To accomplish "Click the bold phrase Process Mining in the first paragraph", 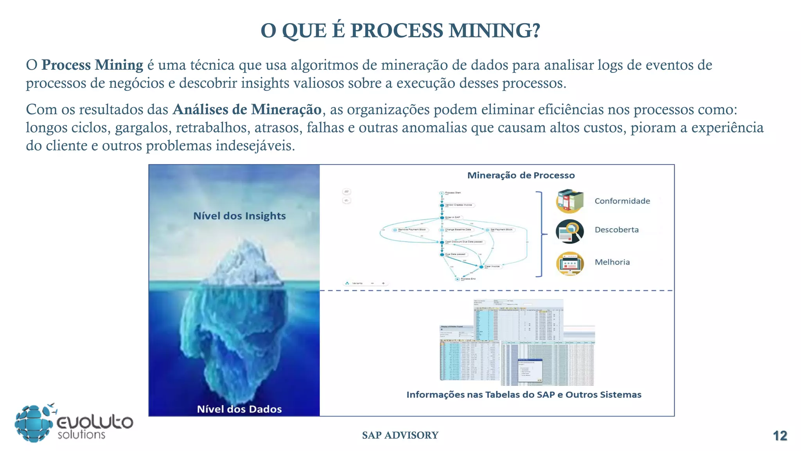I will click(x=92, y=65).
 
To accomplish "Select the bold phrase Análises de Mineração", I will click(x=247, y=110).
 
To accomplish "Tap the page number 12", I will click(x=780, y=436).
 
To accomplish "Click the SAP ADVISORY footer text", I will click(x=400, y=435).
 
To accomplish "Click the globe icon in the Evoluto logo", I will click(x=34, y=424).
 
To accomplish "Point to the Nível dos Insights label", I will click(x=239, y=216).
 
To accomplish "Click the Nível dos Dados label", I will click(x=239, y=409).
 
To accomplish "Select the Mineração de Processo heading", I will click(x=521, y=175).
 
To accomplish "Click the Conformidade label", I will click(x=622, y=201).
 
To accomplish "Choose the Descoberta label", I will click(x=616, y=230).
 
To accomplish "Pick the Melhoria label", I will click(x=612, y=262).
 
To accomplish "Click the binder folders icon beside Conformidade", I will click(x=570, y=201).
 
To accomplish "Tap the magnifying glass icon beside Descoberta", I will click(x=570, y=231).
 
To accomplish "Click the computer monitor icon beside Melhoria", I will click(x=570, y=263).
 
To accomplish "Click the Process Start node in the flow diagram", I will click(x=442, y=193).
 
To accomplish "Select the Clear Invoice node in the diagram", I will click(x=482, y=267).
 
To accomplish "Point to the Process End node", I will click(x=457, y=279).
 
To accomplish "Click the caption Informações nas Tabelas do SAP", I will click(x=524, y=395).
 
